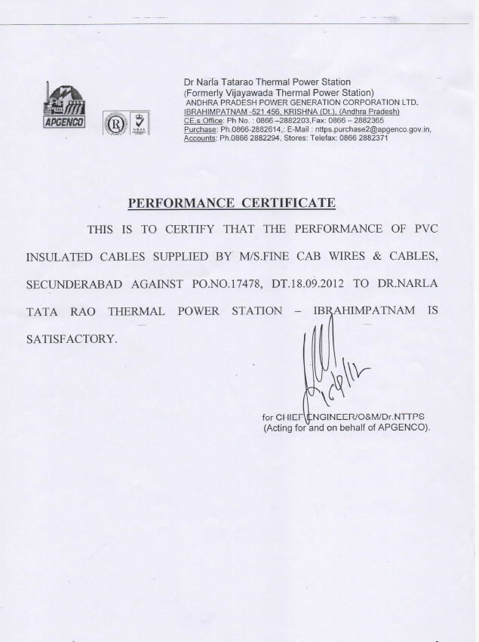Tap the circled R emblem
[x=115, y=122]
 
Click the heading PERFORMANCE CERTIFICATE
[x=231, y=202]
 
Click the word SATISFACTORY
[x=72, y=338]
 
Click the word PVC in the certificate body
[x=425, y=229]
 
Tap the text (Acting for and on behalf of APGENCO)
[x=346, y=427]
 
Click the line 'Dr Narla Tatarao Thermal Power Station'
[x=267, y=82]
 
